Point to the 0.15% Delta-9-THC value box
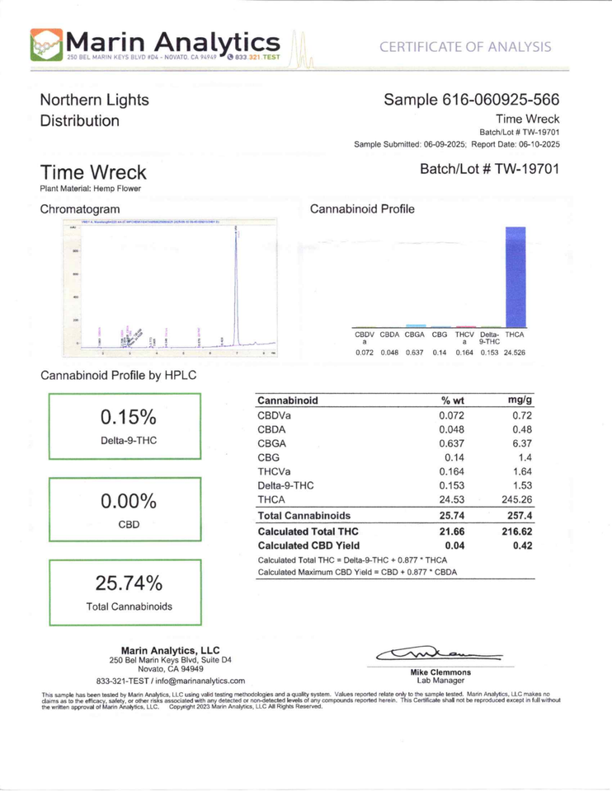pyautogui.click(x=129, y=426)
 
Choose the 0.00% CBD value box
pyautogui.click(x=129, y=509)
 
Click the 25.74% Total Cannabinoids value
pyautogui.click(x=129, y=583)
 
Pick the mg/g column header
pyautogui.click(x=517, y=400)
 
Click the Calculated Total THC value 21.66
pyautogui.click(x=455, y=532)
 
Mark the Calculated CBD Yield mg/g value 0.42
pyautogui.click(x=519, y=545)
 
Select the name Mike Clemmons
pyautogui.click(x=440, y=672)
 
